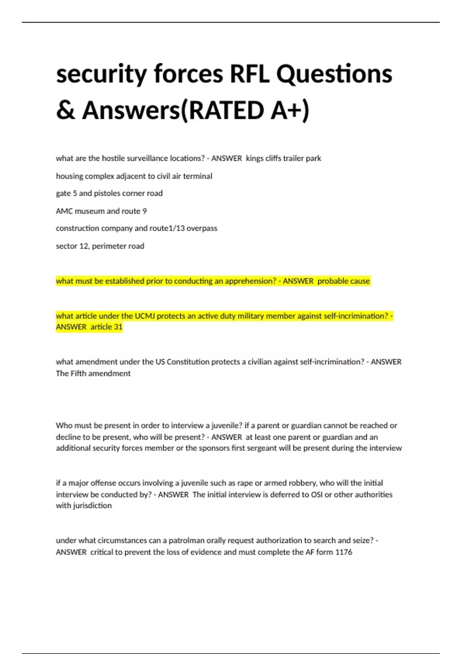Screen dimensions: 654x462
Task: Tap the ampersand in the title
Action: tap(65, 110)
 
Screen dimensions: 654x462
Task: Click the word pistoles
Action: tap(107, 193)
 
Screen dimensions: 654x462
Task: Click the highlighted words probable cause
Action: tap(343, 281)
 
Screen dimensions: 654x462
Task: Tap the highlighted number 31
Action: tap(118, 327)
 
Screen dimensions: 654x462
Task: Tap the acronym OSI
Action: tap(316, 494)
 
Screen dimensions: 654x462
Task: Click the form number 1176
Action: tap(344, 552)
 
